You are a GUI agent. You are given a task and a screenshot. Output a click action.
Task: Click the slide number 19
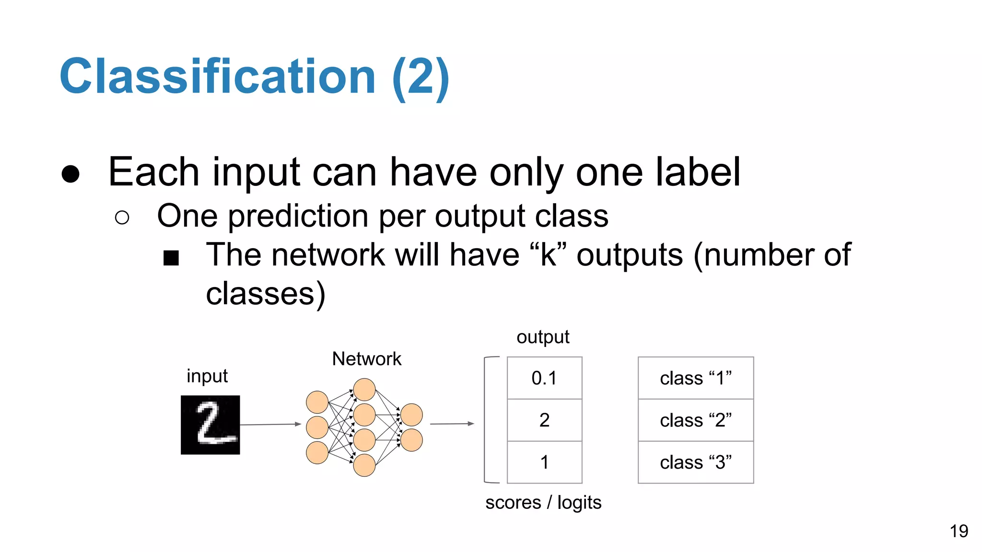click(959, 531)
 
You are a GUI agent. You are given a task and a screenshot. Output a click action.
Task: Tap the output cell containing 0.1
click(544, 378)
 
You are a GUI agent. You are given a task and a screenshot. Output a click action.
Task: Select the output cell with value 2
click(544, 420)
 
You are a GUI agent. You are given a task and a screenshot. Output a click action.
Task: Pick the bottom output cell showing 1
click(544, 462)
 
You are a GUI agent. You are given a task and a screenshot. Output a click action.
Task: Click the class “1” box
click(695, 378)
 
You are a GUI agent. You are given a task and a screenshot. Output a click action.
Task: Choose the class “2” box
click(695, 420)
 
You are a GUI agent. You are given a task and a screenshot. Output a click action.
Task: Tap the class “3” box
click(695, 462)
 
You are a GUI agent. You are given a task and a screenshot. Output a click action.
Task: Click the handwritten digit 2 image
click(210, 425)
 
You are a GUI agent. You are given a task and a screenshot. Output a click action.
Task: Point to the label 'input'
click(207, 376)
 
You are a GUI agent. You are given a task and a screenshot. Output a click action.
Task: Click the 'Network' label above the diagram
click(366, 359)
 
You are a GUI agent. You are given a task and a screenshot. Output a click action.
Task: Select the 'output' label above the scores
click(542, 337)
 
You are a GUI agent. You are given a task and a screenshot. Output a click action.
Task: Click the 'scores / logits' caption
click(543, 503)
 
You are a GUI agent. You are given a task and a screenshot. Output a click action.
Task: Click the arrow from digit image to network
click(270, 425)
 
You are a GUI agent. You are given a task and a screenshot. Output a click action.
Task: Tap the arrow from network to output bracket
click(451, 424)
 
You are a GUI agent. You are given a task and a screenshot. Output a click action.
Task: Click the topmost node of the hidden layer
click(364, 390)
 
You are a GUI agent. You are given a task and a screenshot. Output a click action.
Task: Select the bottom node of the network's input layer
click(317, 453)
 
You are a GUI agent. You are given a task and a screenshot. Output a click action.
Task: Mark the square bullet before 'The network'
click(171, 258)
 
